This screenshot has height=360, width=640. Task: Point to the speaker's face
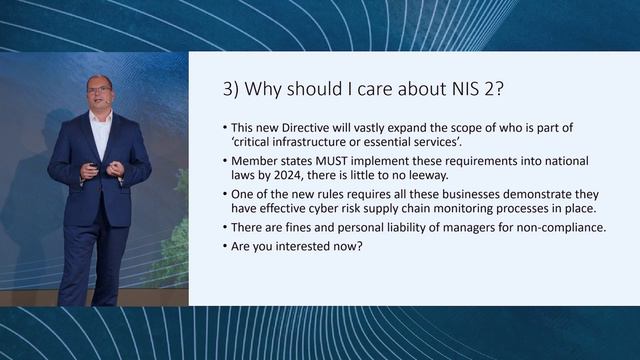99,98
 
